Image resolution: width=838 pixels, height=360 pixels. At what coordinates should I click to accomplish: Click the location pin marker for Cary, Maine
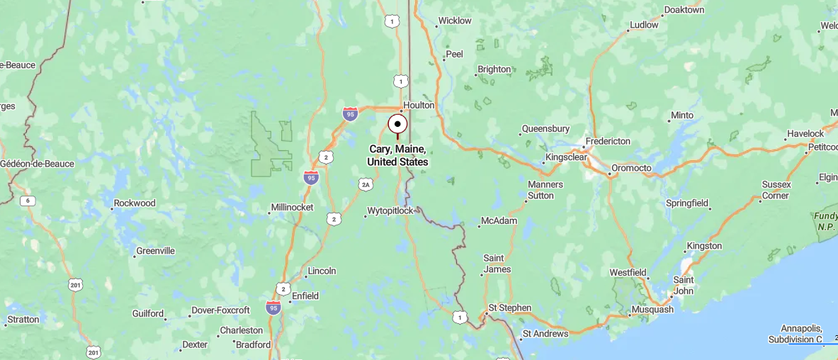397,125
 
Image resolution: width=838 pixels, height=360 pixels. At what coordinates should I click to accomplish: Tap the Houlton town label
419,105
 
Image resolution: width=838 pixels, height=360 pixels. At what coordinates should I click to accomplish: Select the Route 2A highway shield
366,184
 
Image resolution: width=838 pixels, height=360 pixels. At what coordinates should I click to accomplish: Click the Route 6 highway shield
28,201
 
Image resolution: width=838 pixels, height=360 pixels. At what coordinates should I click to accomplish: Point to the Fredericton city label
607,141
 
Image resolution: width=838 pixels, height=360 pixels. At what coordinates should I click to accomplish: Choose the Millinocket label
292,208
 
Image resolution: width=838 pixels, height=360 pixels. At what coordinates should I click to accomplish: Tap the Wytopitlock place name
390,210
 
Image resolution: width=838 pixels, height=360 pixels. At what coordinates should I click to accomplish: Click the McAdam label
499,220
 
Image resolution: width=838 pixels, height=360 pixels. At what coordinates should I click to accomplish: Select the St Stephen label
510,308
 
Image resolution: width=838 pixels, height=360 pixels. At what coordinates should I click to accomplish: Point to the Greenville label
155,251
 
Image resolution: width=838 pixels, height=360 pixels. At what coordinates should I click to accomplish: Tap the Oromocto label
631,168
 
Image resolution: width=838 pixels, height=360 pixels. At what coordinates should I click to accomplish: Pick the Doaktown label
684,10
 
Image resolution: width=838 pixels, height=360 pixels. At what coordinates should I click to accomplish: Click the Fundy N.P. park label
826,220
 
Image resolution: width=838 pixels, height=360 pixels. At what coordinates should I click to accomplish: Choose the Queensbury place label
545,129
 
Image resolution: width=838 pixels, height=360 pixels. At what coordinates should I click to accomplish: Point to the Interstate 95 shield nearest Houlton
350,113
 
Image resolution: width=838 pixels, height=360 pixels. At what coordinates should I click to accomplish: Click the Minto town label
682,115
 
